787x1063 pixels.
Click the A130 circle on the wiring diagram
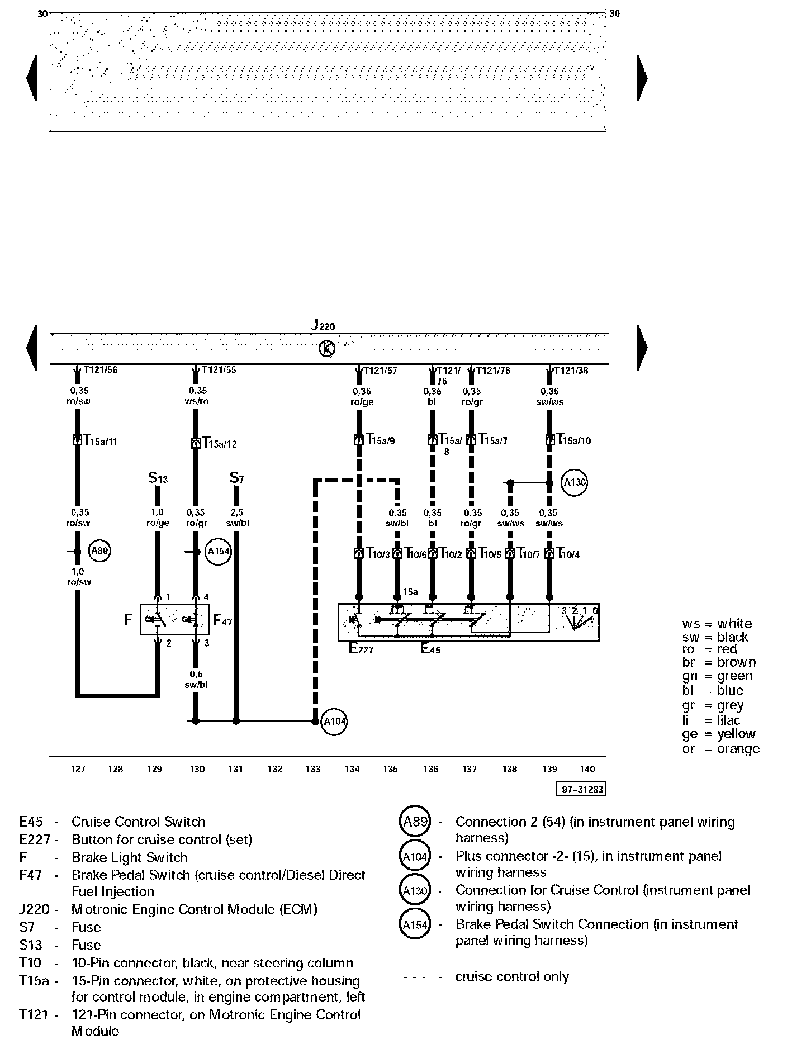[x=575, y=482]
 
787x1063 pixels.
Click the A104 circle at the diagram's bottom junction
[x=335, y=722]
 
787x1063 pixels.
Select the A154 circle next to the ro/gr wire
[x=219, y=552]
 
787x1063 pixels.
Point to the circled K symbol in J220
[x=327, y=349]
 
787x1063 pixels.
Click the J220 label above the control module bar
[x=323, y=325]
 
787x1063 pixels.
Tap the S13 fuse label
[x=158, y=478]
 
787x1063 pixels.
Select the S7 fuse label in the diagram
[x=237, y=478]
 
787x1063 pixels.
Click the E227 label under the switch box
[x=361, y=649]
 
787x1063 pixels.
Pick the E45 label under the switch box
[x=430, y=649]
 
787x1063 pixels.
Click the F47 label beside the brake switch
[x=222, y=620]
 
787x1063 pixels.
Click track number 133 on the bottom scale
[x=313, y=769]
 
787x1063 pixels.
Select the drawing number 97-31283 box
[x=581, y=789]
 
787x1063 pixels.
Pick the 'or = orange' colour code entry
[x=720, y=749]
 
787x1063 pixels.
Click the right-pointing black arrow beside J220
[x=642, y=347]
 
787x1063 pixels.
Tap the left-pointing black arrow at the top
[x=32, y=78]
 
